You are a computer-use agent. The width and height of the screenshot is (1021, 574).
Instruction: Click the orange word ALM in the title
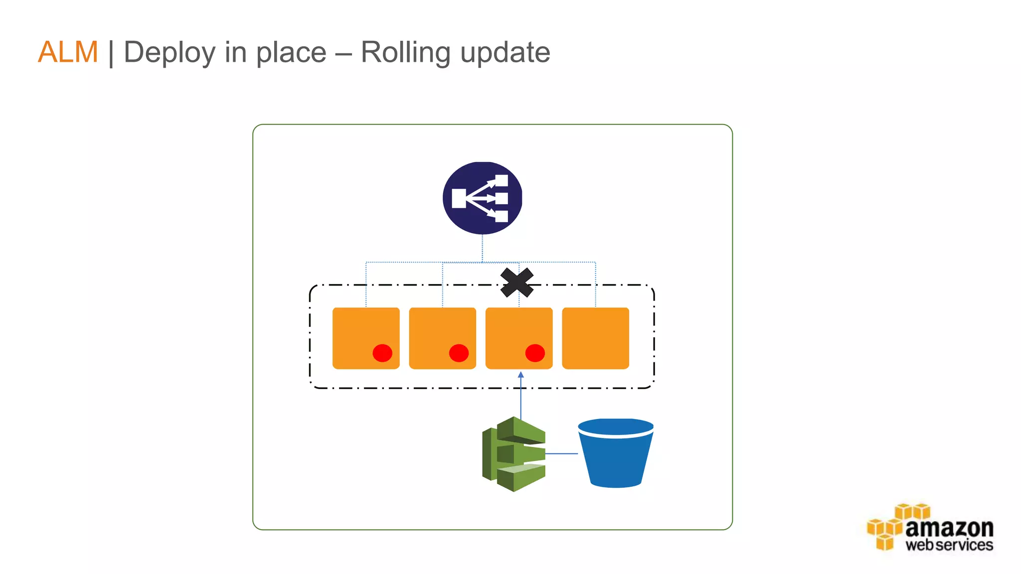coord(68,52)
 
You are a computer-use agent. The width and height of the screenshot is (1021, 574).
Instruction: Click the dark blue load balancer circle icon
coord(482,198)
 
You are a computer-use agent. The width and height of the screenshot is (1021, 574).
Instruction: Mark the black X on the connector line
coord(517,283)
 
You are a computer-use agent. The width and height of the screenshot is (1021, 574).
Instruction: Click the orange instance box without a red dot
coord(595,338)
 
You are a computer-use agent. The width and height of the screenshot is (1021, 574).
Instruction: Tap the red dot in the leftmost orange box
coord(382,353)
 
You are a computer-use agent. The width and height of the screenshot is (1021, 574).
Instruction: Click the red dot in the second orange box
coord(459,353)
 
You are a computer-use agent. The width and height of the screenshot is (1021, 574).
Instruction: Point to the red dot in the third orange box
coord(535,353)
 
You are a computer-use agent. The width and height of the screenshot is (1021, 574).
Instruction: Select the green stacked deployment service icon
coord(513,454)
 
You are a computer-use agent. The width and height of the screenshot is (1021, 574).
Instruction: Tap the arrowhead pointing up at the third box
coord(521,375)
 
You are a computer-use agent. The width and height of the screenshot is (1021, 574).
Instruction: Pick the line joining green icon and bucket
coord(561,453)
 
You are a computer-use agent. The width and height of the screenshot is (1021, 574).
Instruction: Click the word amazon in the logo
coord(949,528)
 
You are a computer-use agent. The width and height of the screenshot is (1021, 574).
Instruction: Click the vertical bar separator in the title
coord(111,53)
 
